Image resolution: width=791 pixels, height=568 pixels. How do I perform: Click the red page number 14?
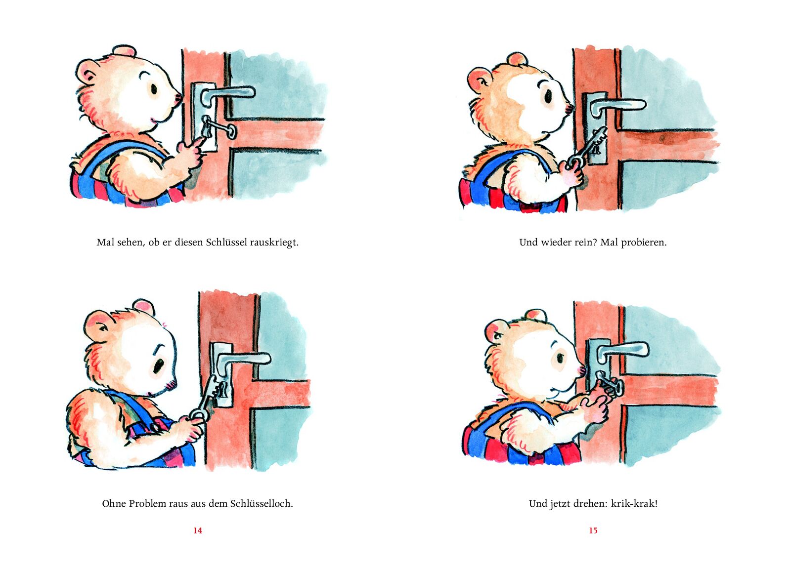197,530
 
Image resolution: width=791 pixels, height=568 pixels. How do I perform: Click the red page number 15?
593,530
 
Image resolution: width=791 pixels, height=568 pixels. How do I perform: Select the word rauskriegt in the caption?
274,243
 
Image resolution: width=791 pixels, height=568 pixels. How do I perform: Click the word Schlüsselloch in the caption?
262,503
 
